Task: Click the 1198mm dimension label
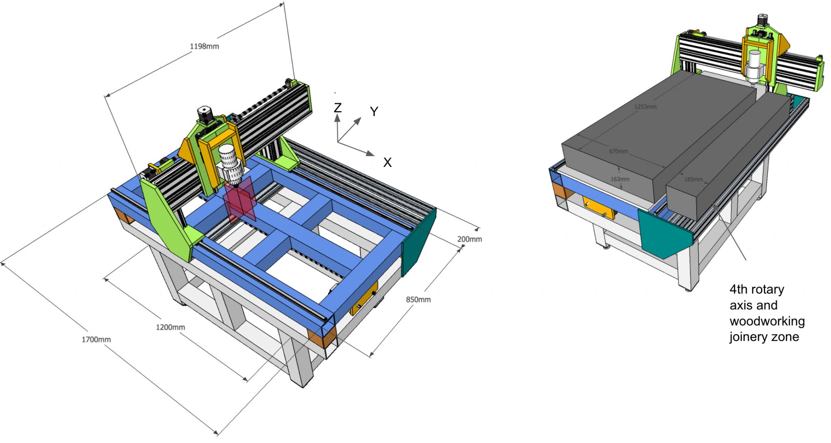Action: tap(204, 46)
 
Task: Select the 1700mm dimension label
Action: tap(96, 340)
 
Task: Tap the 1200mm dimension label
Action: tap(170, 327)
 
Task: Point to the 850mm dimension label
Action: tap(418, 300)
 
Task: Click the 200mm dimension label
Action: tap(469, 239)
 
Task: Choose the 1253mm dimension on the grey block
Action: tap(645, 107)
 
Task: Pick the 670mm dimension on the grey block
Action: tap(618, 151)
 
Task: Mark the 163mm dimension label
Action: tap(620, 179)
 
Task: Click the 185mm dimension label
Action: tap(693, 179)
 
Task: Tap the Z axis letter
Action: tap(337, 108)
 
